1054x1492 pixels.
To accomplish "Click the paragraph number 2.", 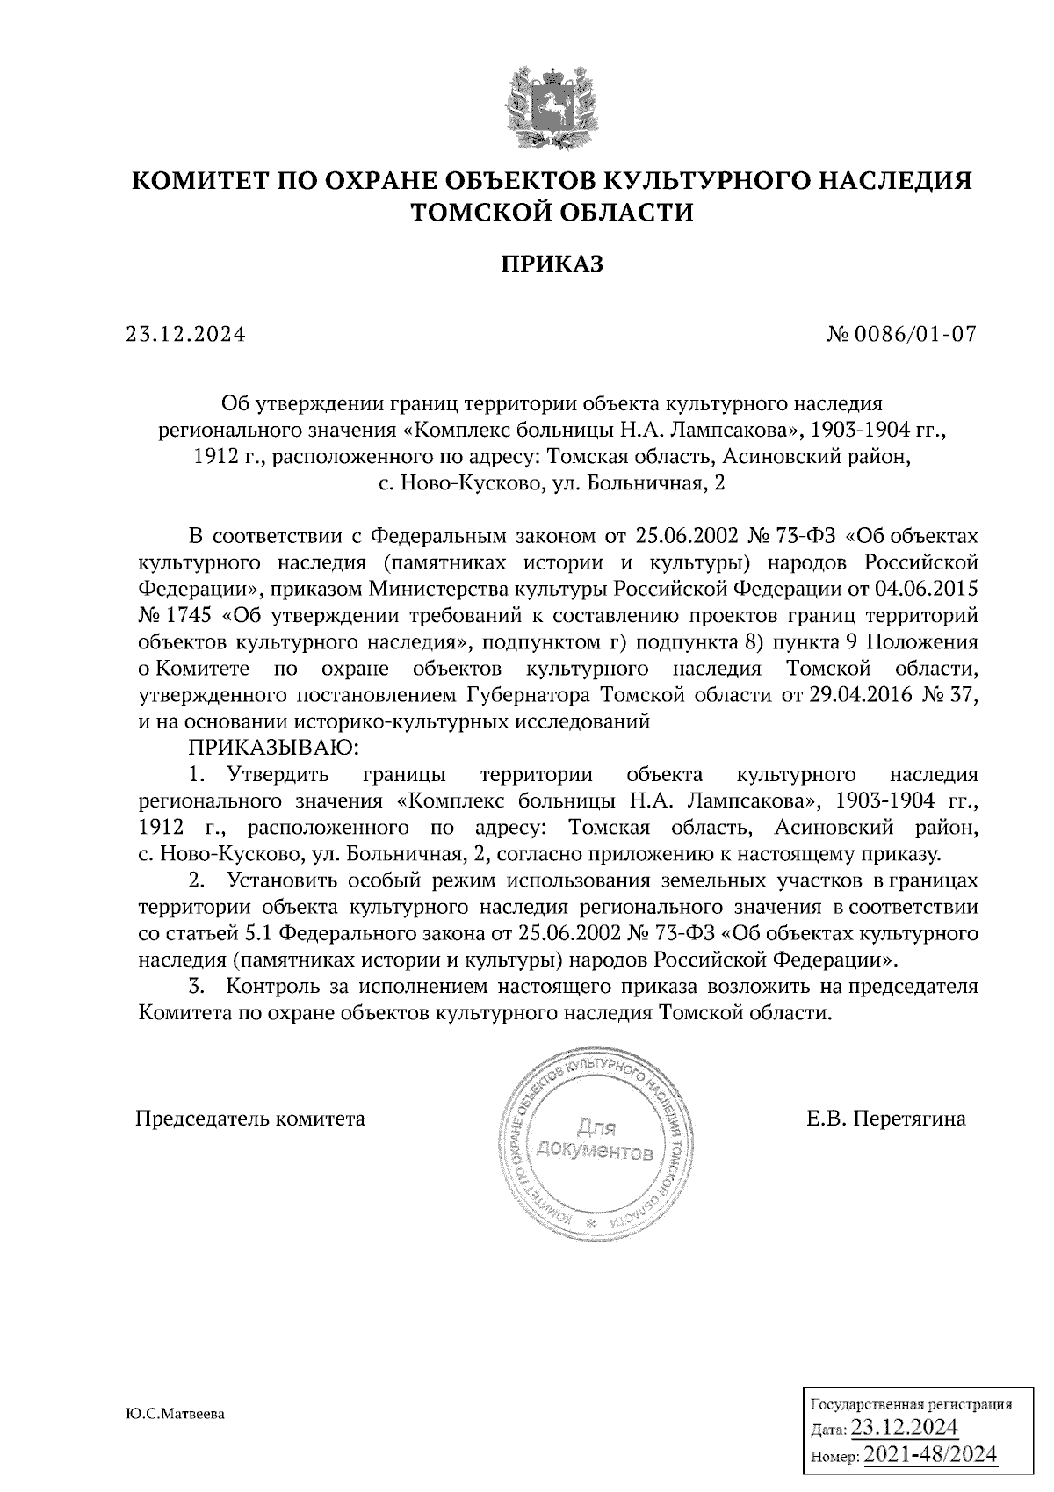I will point(199,880).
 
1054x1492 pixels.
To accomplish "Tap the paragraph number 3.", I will point(199,986).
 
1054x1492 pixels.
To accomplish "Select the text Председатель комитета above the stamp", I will point(250,1119).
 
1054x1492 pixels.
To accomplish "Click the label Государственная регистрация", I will point(910,1404).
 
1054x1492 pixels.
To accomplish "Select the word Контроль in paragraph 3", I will point(275,986).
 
